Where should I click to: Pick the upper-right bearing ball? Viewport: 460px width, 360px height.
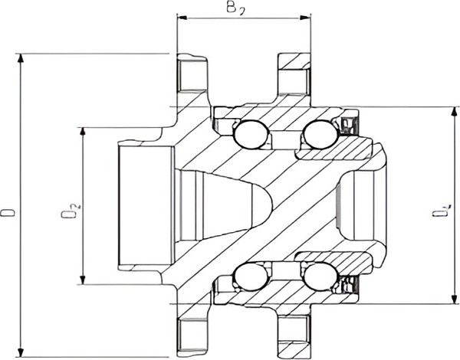coord(319,136)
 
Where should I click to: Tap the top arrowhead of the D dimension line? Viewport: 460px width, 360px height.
coord(23,58)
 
